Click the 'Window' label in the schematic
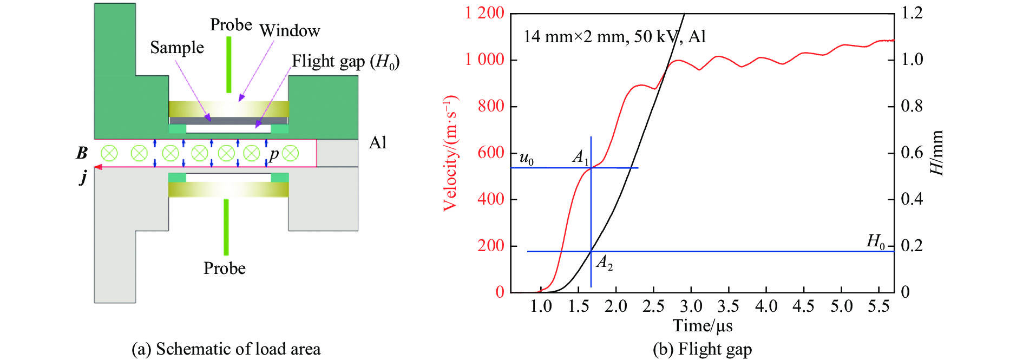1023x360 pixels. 290,31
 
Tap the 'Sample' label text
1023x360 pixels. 177,48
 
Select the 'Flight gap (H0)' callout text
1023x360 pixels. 345,62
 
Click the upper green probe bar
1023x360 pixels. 229,64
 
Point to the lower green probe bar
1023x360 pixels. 226,227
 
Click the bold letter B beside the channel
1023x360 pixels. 82,153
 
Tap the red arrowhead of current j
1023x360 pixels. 99,167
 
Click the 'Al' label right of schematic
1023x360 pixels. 377,143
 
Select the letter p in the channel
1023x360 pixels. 274,154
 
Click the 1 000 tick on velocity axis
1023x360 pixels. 484,59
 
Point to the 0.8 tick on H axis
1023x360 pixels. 911,106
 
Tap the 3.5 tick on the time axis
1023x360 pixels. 728,307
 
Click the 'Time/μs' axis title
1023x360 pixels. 702,326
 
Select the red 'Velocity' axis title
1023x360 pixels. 450,153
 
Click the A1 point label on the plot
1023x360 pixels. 580,158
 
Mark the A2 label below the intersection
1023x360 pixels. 604,263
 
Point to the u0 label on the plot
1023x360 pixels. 526,158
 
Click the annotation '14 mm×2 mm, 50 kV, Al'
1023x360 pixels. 614,37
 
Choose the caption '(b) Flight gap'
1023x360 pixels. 702,349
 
